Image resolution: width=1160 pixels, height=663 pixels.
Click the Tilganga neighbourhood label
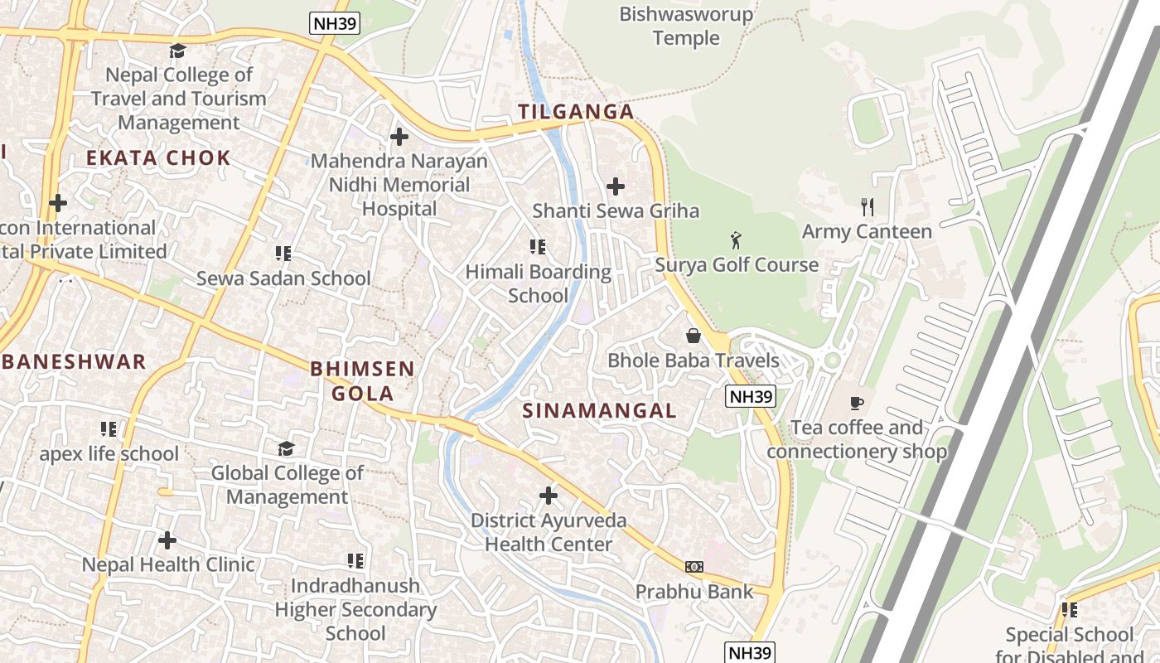click(x=576, y=112)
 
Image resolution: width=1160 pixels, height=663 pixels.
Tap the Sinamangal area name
click(x=600, y=410)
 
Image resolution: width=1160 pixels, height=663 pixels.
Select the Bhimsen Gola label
click(x=362, y=381)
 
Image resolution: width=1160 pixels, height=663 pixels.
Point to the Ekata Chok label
click(x=158, y=158)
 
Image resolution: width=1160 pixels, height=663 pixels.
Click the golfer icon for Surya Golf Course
click(x=736, y=241)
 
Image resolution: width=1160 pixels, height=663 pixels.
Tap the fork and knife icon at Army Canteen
click(x=868, y=207)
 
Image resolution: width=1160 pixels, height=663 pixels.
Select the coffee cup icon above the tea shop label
click(x=857, y=404)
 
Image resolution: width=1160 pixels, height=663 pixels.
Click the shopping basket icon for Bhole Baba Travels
click(x=694, y=336)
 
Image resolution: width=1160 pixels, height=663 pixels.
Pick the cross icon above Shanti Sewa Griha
click(x=616, y=186)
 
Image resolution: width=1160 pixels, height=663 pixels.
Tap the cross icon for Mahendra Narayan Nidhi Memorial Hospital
click(x=399, y=137)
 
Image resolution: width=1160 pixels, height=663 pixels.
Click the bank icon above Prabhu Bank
click(x=694, y=567)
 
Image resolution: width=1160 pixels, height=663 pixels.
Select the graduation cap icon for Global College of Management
click(x=286, y=448)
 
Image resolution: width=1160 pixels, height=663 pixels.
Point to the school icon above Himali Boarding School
click(x=538, y=247)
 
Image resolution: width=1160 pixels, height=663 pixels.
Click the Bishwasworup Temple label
click(x=686, y=26)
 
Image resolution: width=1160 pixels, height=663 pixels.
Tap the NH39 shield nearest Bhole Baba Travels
click(x=750, y=397)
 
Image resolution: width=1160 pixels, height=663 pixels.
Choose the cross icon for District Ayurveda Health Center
click(x=549, y=496)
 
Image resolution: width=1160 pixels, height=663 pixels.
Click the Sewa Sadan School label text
click(x=283, y=278)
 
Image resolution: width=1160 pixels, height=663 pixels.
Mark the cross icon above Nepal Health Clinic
click(x=167, y=540)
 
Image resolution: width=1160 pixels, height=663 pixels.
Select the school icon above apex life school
click(x=109, y=429)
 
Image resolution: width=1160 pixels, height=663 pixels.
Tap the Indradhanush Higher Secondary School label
click(x=355, y=609)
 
